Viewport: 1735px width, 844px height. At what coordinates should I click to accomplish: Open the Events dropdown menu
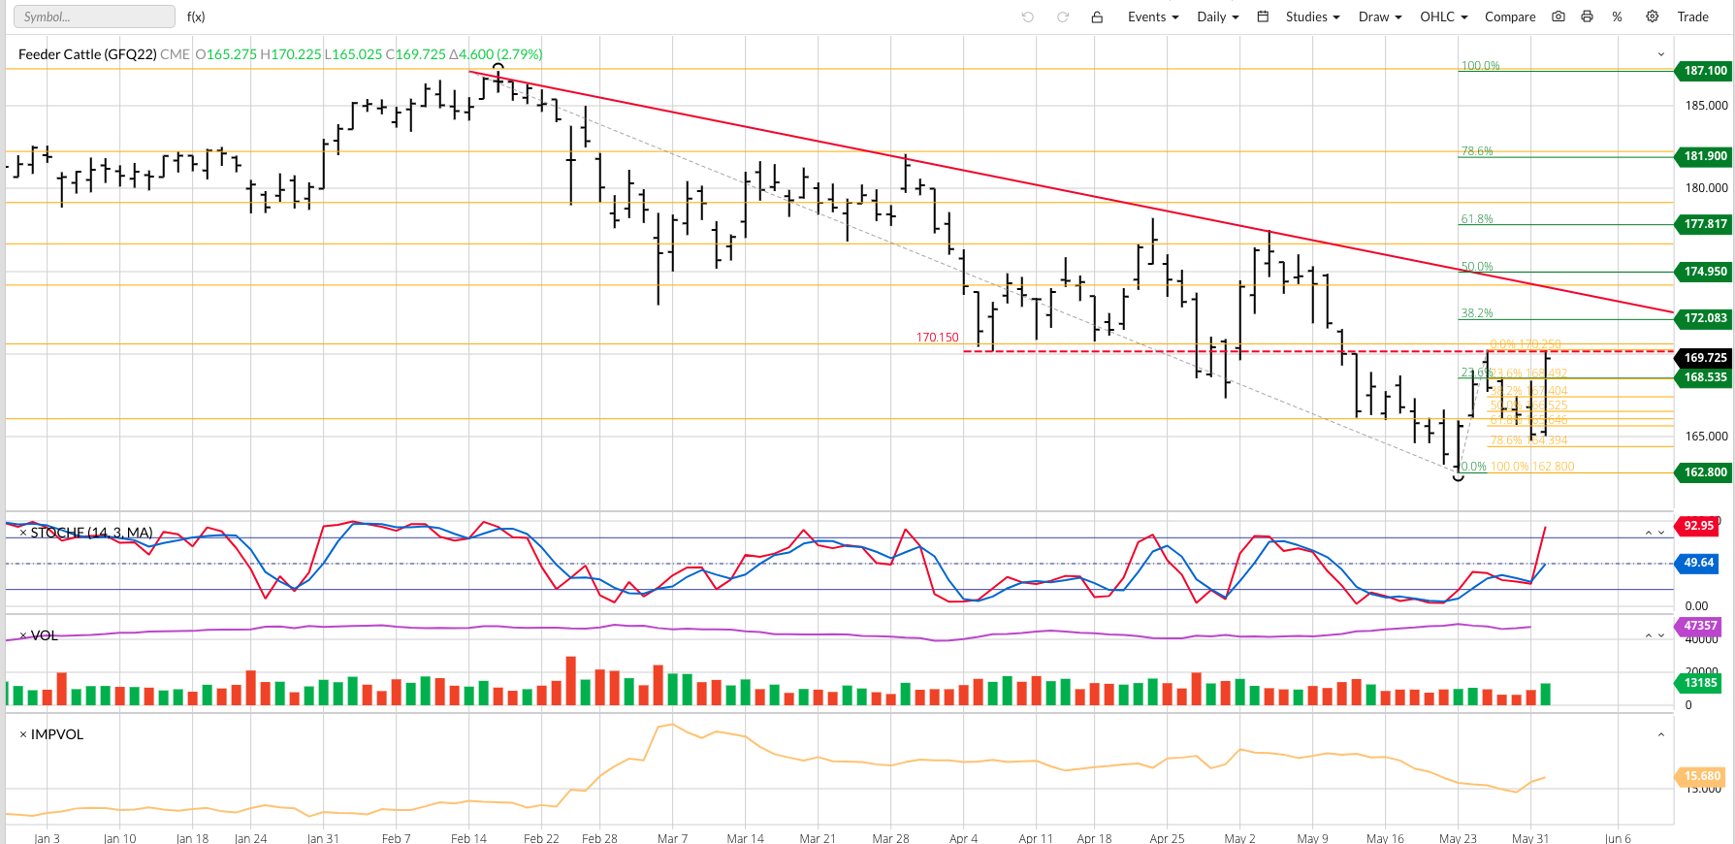[x=1152, y=16]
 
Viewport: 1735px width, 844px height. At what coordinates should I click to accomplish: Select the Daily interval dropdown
[x=1217, y=16]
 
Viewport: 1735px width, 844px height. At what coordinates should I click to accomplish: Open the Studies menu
[x=1312, y=16]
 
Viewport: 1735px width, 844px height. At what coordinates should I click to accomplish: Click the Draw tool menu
[x=1379, y=16]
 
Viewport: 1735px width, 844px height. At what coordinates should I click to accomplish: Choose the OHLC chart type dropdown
[x=1443, y=16]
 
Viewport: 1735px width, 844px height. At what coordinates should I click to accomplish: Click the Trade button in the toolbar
[x=1692, y=16]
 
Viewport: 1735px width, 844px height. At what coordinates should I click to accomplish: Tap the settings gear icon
[x=1653, y=16]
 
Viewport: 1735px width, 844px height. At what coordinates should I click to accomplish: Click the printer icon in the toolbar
[x=1587, y=16]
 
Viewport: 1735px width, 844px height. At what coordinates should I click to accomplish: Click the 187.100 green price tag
[x=1704, y=71]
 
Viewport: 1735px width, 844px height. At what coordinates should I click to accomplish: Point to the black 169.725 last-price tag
[x=1704, y=358]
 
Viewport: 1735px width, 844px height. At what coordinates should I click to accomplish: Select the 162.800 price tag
[x=1704, y=472]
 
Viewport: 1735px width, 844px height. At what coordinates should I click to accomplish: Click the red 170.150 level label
[x=937, y=338]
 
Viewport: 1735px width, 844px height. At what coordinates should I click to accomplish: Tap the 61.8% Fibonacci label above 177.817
[x=1476, y=219]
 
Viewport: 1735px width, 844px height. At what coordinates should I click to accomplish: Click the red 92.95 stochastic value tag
[x=1698, y=526]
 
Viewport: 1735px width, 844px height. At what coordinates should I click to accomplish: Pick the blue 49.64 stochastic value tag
[x=1698, y=563]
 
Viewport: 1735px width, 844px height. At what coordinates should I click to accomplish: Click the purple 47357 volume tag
[x=1700, y=626]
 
